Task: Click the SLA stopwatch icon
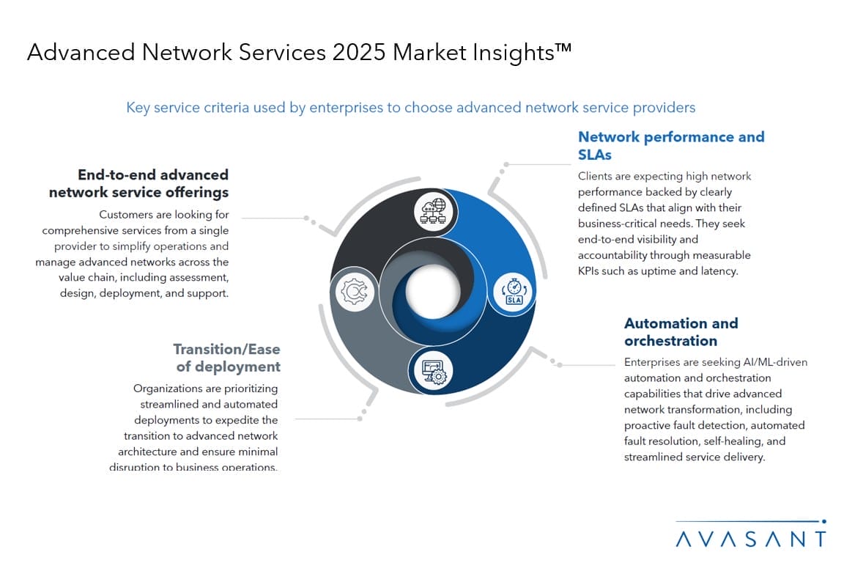pos(514,292)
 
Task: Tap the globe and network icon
pos(434,210)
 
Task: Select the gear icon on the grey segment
pos(354,291)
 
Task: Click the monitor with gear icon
pos(434,372)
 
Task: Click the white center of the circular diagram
pos(433,291)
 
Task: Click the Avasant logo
pos(751,534)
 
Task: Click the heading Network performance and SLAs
pos(671,145)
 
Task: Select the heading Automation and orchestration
pos(681,332)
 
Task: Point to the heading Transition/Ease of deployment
pos(227,358)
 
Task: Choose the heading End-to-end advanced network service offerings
pos(139,183)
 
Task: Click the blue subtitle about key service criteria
pos(411,108)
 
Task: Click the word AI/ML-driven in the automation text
pos(775,362)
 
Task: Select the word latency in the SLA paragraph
pos(719,271)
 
